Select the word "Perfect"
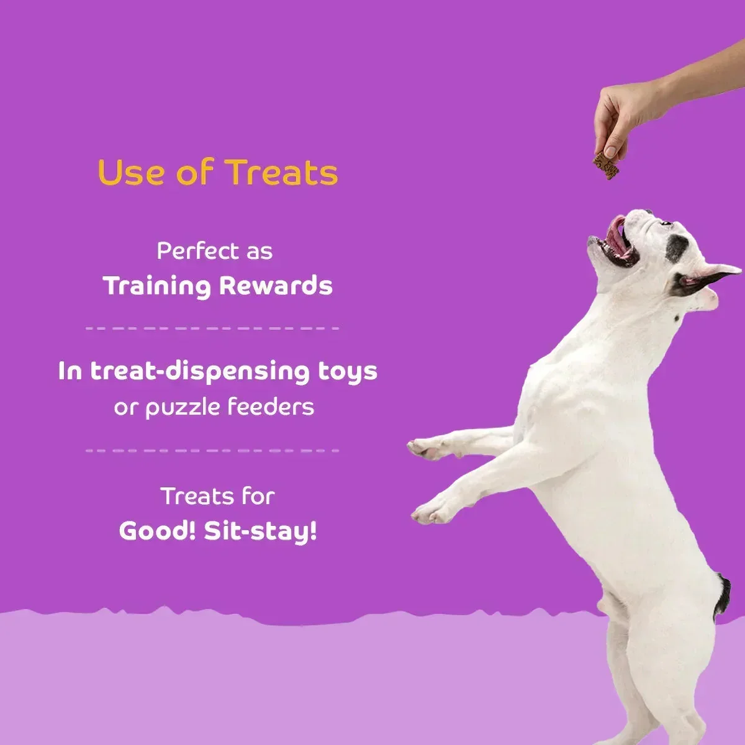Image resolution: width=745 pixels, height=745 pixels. [189, 251]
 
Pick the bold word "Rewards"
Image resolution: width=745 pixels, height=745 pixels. [276, 286]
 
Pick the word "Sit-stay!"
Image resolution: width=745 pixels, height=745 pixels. [261, 531]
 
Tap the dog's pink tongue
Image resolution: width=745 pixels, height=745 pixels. [616, 234]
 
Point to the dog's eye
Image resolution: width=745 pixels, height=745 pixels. [665, 223]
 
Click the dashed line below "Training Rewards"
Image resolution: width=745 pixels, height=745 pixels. [212, 328]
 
